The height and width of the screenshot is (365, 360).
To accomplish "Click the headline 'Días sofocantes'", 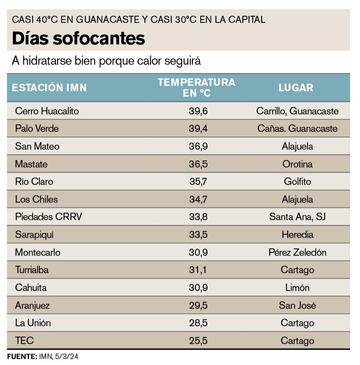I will click(x=78, y=38).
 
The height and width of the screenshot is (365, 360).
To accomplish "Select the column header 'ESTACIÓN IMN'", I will click(x=49, y=87).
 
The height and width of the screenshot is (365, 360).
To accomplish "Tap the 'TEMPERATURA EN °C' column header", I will click(x=197, y=87).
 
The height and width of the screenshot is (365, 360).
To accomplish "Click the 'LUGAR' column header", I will click(x=296, y=87).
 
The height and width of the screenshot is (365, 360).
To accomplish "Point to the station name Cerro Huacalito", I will click(x=47, y=111).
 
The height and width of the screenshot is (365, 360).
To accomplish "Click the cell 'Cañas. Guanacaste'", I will click(x=297, y=128).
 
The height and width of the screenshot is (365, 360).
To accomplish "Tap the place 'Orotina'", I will click(x=297, y=164).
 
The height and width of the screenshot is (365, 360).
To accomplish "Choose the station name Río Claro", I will click(x=34, y=181).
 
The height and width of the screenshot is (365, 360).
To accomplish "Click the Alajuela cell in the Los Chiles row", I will click(x=297, y=199).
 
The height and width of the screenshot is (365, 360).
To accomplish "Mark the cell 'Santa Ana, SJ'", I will click(x=297, y=217).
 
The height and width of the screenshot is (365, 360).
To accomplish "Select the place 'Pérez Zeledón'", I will click(x=297, y=252).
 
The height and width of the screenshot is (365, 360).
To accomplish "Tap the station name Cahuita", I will click(x=31, y=288).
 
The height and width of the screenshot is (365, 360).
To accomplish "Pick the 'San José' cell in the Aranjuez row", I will click(x=297, y=305).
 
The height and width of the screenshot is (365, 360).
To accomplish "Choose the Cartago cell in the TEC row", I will click(x=297, y=341).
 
